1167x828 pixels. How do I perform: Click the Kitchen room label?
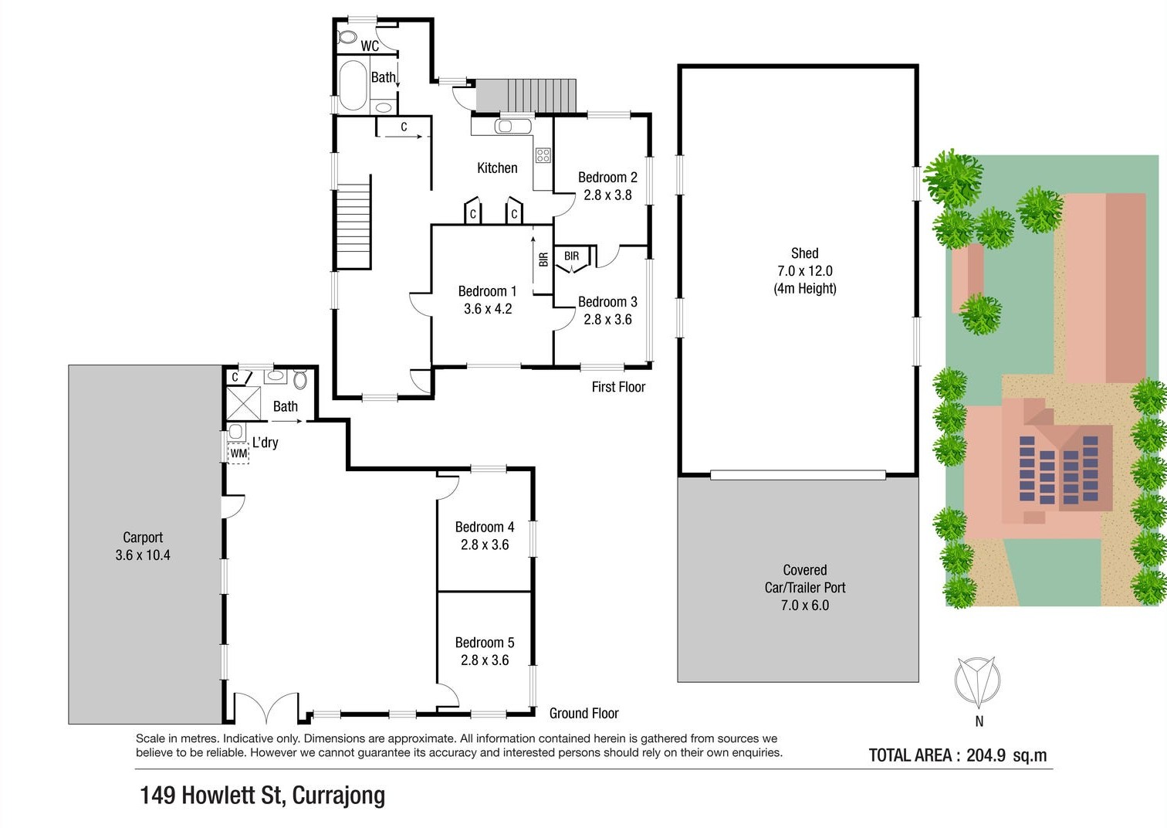point(497,168)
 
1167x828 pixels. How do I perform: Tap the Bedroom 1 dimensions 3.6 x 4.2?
point(488,309)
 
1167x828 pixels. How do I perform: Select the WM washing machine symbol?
point(238,453)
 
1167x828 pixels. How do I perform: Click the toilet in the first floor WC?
point(346,37)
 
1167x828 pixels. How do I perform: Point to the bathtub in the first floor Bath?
point(353,86)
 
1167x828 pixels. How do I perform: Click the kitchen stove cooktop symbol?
point(543,154)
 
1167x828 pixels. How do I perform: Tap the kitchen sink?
point(512,126)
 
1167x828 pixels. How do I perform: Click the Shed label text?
point(804,253)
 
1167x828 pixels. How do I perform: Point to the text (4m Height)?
point(805,288)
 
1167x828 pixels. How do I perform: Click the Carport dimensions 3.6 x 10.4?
point(143,555)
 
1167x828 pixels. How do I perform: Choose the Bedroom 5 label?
point(485,643)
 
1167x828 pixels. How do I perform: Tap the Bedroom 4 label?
point(485,527)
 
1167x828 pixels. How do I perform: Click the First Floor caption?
point(618,387)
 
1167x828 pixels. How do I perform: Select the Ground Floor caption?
point(584,713)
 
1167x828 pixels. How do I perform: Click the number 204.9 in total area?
point(986,755)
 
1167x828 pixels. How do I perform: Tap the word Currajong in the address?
point(339,796)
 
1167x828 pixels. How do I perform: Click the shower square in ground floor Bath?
point(244,403)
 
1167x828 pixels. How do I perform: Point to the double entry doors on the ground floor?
point(266,708)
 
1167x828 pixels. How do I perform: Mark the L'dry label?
point(266,442)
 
